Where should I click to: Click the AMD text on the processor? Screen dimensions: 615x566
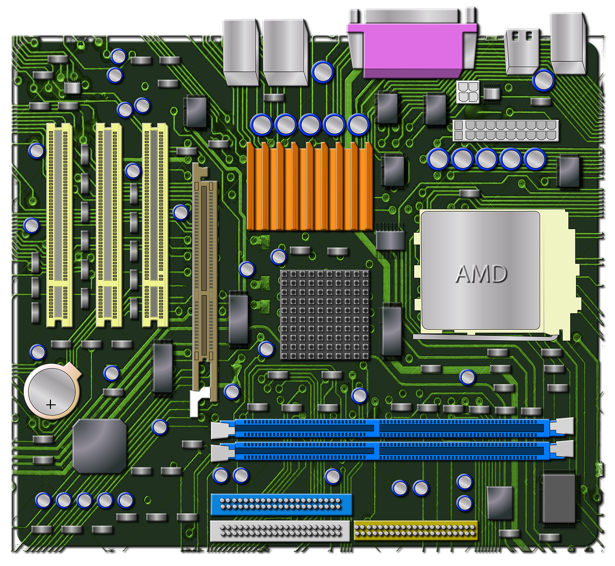pos(481,273)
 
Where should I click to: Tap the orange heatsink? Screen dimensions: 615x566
pos(309,186)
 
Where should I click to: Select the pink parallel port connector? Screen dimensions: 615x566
pos(412,50)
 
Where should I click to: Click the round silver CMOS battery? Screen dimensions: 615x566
pos(51,392)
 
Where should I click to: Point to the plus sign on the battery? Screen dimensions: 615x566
pos(50,405)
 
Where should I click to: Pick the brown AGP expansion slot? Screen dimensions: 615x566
pos(205,282)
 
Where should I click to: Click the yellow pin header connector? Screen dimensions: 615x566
pos(416,530)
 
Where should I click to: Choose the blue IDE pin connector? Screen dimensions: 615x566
pos(281,504)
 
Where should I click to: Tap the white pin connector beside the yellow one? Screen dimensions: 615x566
pos(280,531)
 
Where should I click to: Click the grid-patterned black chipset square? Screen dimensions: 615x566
pos(325,315)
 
